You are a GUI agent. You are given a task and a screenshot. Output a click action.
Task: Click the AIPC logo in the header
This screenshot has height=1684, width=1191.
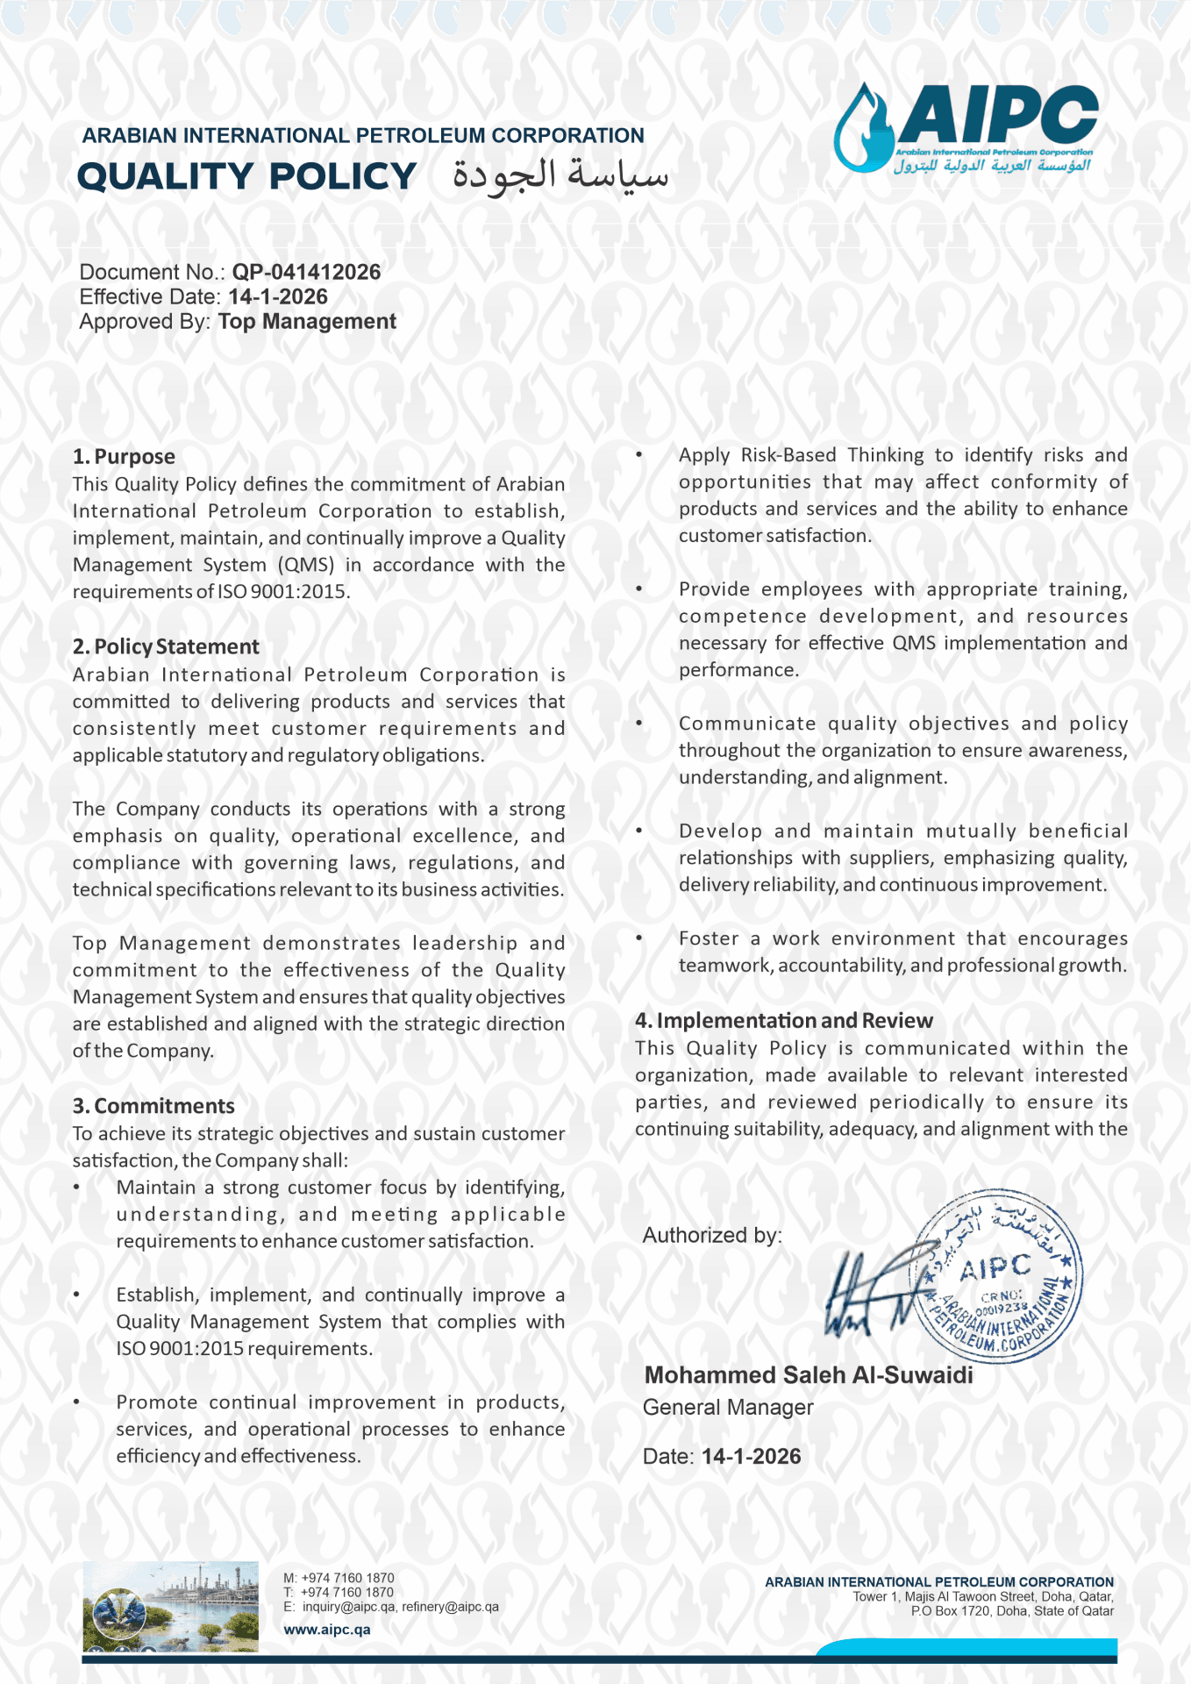(x=966, y=127)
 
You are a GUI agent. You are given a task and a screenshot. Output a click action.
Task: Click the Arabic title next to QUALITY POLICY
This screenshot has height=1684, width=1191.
(x=560, y=175)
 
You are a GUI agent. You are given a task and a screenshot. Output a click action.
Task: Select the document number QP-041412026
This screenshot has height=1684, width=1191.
(x=306, y=272)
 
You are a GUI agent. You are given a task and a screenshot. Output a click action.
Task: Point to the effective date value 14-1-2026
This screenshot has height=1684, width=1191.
(x=277, y=296)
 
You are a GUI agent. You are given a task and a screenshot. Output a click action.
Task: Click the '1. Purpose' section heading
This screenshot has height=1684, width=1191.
(x=124, y=456)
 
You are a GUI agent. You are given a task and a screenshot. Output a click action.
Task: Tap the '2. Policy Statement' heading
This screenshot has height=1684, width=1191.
(x=166, y=646)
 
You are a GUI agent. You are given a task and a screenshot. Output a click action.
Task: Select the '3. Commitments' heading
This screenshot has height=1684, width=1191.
(x=153, y=1105)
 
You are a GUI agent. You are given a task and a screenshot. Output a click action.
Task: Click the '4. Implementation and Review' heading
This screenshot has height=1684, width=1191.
(x=783, y=1020)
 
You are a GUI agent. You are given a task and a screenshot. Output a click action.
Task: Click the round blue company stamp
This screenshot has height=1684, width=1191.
(x=998, y=1276)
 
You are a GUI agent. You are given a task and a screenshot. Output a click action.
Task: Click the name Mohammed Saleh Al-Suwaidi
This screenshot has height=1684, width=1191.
(x=809, y=1374)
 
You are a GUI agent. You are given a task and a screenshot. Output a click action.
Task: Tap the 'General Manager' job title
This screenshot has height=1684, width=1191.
(x=728, y=1407)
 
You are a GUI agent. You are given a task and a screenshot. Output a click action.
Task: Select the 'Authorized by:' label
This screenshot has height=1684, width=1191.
(x=712, y=1235)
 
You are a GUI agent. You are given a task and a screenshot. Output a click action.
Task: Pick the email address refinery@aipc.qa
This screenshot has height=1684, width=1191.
(x=450, y=1607)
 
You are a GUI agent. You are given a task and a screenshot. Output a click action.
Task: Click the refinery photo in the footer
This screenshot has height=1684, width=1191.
(x=170, y=1606)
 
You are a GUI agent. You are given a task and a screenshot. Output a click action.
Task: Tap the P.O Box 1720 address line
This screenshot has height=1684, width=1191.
(x=1011, y=1610)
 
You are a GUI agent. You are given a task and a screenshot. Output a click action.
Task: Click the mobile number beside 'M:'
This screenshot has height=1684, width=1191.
(x=347, y=1577)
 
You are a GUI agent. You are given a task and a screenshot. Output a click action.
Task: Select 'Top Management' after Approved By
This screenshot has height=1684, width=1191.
(x=307, y=321)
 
